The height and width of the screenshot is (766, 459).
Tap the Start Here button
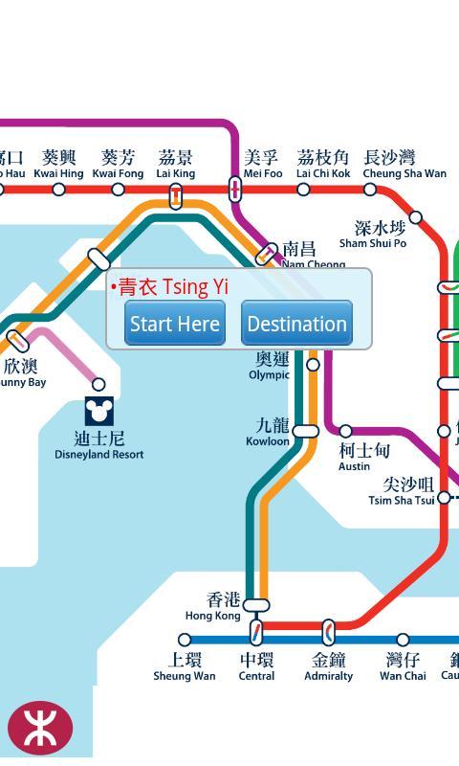coord(175,324)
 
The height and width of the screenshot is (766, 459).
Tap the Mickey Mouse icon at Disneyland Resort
coord(99,412)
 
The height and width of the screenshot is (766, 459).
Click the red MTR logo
coord(40,729)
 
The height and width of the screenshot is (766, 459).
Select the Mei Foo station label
coord(263,164)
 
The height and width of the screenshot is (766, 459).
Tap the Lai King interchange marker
coord(176,195)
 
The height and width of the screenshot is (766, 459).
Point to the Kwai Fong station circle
coord(118,190)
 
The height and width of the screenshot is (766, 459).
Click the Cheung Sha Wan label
coord(404,164)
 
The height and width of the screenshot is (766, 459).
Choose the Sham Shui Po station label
coord(374,235)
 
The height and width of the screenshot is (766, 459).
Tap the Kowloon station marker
coord(305,431)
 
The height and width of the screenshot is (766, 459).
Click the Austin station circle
coord(345,431)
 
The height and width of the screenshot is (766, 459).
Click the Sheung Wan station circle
coord(185,640)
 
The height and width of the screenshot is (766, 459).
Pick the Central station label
coord(256,666)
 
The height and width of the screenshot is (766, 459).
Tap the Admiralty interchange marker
coord(328,632)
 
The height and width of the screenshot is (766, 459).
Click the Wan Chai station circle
coord(403,640)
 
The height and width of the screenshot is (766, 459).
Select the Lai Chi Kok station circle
coord(303,190)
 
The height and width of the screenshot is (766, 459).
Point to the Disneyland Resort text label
coord(98,445)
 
